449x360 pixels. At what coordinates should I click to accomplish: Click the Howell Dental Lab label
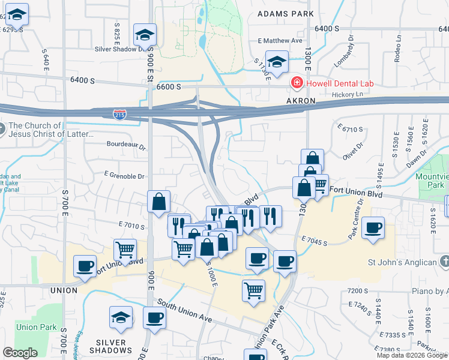(340, 83)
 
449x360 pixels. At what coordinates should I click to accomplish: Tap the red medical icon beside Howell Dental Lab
(296, 83)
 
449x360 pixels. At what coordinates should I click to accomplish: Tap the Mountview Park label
(432, 182)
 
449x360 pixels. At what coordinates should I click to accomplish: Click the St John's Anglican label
(402, 262)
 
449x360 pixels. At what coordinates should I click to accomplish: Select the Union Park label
(35, 327)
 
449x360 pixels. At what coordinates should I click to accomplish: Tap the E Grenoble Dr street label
(124, 176)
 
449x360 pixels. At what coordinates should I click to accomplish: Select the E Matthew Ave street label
(279, 41)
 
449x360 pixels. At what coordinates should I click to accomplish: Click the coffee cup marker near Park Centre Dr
(373, 227)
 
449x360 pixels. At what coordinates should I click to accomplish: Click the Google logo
(20, 353)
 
